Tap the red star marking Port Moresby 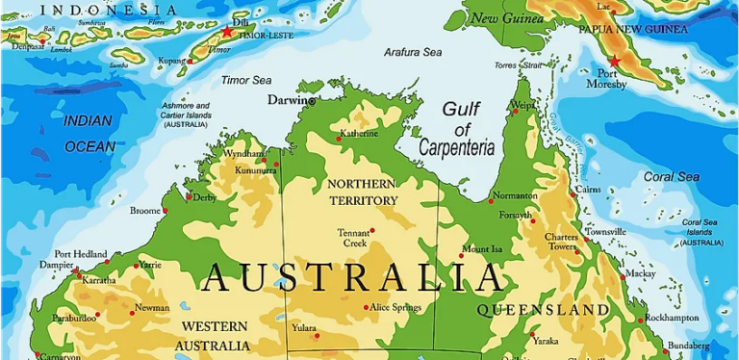pyautogui.click(x=615, y=61)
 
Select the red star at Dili pyautogui.click(x=227, y=32)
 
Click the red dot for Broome pyautogui.click(x=165, y=211)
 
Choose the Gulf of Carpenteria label pyautogui.click(x=457, y=129)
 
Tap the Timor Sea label pyautogui.click(x=246, y=80)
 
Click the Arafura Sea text pyautogui.click(x=413, y=52)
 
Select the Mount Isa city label pyautogui.click(x=482, y=249)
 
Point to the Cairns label pyautogui.click(x=589, y=190)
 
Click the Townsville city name pyautogui.click(x=605, y=232)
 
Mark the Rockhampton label pyautogui.click(x=672, y=318)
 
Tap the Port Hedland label pyautogui.click(x=81, y=254)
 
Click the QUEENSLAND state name pyautogui.click(x=544, y=310)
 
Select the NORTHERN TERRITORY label pyautogui.click(x=362, y=192)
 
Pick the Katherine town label pyautogui.click(x=359, y=134)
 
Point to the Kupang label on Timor pyautogui.click(x=171, y=60)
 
